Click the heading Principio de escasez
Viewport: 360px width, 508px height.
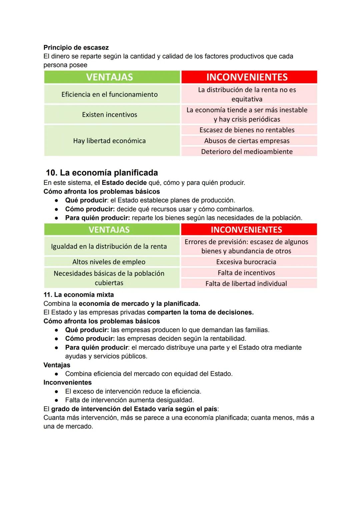tap(76, 47)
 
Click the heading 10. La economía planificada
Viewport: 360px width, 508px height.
tap(102, 173)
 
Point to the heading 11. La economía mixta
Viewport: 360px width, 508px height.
tap(79, 295)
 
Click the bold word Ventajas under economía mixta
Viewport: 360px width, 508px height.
tap(57, 365)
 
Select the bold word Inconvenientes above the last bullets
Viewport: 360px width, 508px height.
tap(67, 382)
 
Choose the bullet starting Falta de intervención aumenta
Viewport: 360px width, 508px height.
tap(129, 400)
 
